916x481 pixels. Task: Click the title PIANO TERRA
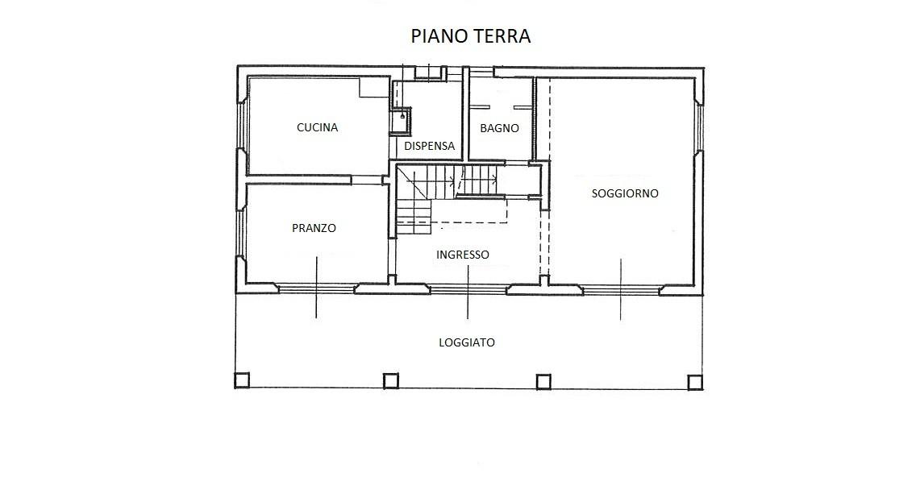(x=471, y=36)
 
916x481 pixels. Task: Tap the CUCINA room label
(x=317, y=127)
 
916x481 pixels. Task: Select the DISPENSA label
(x=429, y=146)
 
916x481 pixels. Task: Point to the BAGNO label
(x=499, y=128)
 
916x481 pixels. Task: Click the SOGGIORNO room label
(x=625, y=193)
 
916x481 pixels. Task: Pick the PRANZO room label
(x=314, y=228)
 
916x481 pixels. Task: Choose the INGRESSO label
(x=463, y=255)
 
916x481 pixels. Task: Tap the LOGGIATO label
(x=467, y=342)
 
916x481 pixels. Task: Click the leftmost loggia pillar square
(x=242, y=380)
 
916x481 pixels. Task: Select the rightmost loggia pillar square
(x=695, y=382)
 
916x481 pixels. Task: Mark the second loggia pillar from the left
(x=391, y=380)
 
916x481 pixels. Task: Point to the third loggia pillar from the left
(x=543, y=381)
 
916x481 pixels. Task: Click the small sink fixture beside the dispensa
(x=401, y=121)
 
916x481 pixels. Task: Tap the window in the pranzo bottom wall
(x=316, y=288)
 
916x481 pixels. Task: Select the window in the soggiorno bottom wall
(x=620, y=288)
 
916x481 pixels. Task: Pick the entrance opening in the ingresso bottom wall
(x=468, y=287)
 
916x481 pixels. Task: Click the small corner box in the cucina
(x=374, y=88)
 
